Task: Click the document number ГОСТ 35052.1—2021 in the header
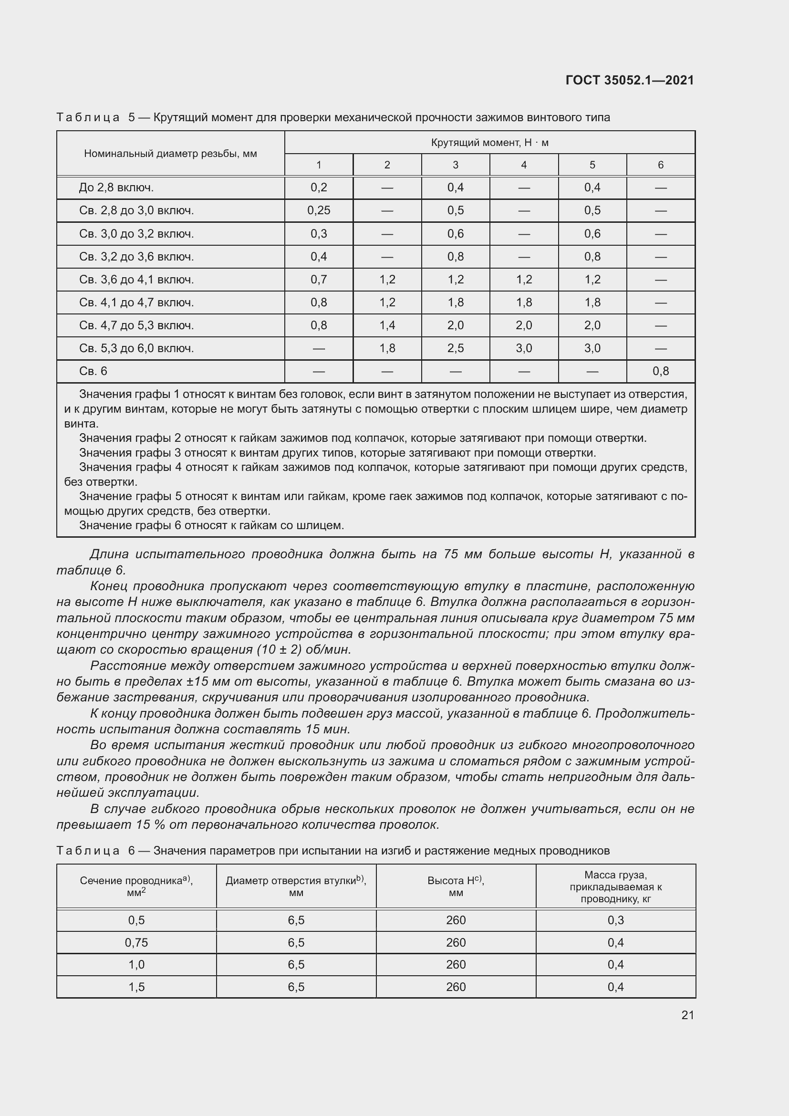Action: click(630, 80)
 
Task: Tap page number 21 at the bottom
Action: click(687, 1015)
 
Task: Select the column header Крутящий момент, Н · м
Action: click(489, 142)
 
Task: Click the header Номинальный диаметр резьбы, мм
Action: click(170, 154)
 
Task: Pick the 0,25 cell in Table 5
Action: click(319, 210)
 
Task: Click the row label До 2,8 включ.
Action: click(116, 188)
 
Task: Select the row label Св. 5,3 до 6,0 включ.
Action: click(136, 348)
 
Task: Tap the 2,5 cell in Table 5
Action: click(455, 348)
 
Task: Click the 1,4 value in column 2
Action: click(387, 325)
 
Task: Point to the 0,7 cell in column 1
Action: click(319, 280)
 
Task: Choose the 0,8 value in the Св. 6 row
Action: click(660, 371)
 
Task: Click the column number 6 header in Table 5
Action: click(660, 165)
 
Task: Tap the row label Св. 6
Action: click(93, 371)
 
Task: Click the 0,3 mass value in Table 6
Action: click(615, 920)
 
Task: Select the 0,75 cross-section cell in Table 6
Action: click(136, 942)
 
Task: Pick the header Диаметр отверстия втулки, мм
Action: click(296, 887)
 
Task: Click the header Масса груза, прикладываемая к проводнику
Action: click(615, 887)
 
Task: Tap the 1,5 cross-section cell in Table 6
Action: click(136, 987)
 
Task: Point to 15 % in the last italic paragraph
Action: click(150, 825)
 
